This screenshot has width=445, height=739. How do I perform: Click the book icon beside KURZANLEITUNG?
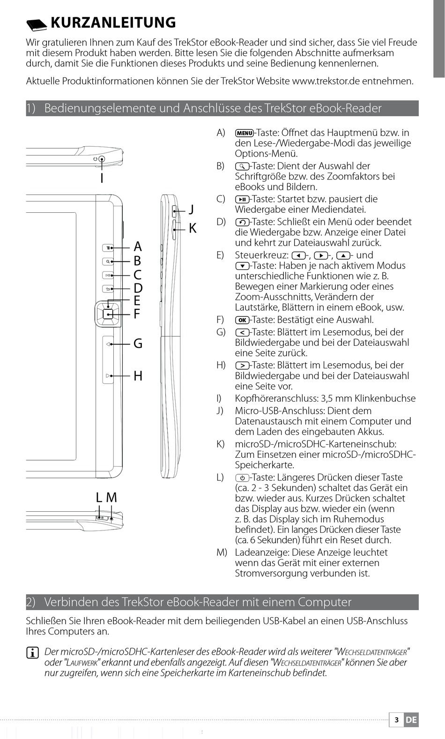[x=37, y=23]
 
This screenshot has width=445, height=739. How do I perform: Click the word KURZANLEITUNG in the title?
[x=113, y=22]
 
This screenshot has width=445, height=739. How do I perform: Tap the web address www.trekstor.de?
[x=326, y=81]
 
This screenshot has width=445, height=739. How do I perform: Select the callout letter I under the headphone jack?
[x=102, y=178]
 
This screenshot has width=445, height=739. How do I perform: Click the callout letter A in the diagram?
[x=138, y=246]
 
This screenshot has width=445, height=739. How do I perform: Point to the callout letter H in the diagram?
[x=138, y=376]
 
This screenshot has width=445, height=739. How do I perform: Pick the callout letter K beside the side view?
[x=193, y=229]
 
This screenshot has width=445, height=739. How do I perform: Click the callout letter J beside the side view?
[x=192, y=209]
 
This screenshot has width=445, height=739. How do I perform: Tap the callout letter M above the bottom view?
[x=111, y=498]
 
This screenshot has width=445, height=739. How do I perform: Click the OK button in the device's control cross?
[x=108, y=314]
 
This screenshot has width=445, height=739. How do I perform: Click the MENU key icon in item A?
[x=244, y=133]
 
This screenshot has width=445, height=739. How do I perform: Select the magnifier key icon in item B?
[x=243, y=166]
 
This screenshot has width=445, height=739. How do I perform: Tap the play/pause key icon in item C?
[x=243, y=199]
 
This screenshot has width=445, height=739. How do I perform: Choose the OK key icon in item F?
[x=242, y=320]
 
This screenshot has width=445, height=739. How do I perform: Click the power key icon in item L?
[x=242, y=478]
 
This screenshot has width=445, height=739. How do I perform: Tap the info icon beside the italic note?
[x=32, y=653]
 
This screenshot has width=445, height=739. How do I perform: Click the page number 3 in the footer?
[x=396, y=720]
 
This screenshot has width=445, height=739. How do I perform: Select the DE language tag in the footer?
[x=411, y=720]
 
